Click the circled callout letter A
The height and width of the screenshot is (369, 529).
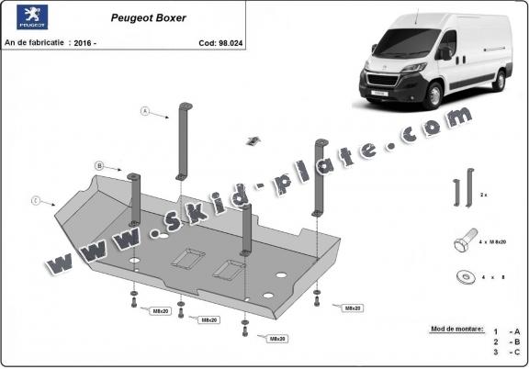[x=145, y=111]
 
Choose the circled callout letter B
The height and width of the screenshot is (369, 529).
[x=98, y=166]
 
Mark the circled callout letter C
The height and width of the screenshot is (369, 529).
[x=35, y=199]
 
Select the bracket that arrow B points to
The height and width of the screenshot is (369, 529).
[x=135, y=197]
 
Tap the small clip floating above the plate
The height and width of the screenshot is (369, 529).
[x=253, y=140]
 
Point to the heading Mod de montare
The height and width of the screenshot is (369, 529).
[x=453, y=328]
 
